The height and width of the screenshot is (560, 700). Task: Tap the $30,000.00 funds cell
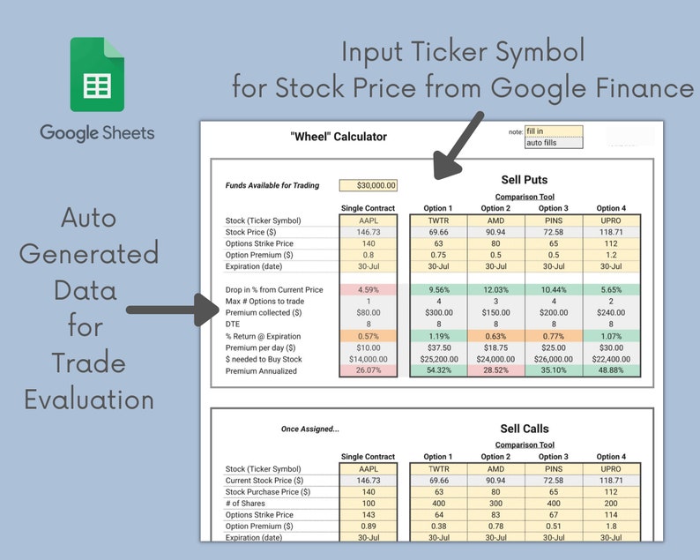pos(369,185)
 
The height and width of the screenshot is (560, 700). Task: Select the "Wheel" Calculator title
pos(339,137)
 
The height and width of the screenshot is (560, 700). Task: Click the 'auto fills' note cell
pos(554,143)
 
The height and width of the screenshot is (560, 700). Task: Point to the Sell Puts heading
pos(525,180)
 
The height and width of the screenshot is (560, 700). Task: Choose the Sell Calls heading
pos(525,429)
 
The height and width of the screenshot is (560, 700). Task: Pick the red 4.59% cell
pos(369,289)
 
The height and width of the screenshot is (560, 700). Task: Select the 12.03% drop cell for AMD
pos(495,289)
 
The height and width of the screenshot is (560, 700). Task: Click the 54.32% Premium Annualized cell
pos(438,370)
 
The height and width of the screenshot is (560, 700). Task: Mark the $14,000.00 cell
pos(369,359)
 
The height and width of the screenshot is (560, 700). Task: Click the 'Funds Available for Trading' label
pos(272,186)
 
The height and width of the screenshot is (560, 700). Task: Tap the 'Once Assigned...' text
pos(309,429)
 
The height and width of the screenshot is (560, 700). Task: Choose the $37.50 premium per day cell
pos(438,347)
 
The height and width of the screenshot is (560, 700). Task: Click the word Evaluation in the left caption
pos(89,399)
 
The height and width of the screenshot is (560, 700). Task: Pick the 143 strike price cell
pos(369,514)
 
